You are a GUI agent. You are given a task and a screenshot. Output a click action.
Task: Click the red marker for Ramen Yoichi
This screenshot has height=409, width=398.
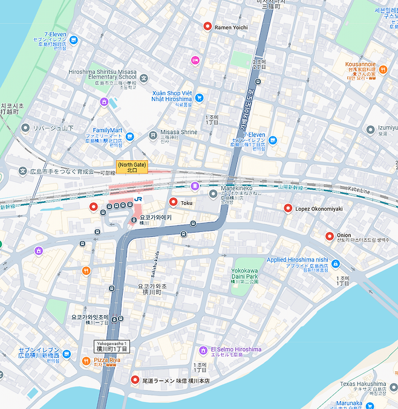click(207, 27)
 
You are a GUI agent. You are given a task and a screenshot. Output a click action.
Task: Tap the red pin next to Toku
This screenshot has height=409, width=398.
click(173, 202)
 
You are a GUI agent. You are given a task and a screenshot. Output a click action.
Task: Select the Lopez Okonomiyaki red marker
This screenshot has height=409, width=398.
click(288, 208)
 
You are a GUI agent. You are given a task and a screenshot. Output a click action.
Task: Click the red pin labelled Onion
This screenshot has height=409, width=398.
click(330, 236)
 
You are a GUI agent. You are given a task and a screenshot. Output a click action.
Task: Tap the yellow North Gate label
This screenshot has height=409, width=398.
click(131, 167)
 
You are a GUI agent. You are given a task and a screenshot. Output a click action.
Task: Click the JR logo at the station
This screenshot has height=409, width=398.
click(139, 198)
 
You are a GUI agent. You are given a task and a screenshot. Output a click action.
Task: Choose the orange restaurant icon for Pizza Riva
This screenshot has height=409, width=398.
click(86, 361)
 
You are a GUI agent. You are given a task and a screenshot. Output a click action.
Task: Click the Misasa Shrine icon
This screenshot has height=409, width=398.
click(153, 134)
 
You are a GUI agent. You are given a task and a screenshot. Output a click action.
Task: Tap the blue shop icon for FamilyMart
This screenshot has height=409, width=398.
click(129, 137)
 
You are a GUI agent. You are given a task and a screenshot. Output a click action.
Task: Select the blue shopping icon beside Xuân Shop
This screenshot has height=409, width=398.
click(199, 98)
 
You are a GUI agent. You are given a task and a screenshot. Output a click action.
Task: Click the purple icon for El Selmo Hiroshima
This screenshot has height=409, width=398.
click(204, 350)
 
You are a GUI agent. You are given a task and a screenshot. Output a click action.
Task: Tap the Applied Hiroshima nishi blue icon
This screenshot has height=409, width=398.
click(336, 264)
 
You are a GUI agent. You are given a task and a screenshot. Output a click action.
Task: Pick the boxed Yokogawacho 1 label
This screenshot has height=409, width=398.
click(113, 346)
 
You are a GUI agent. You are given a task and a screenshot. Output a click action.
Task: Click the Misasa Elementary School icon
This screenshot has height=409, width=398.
click(144, 78)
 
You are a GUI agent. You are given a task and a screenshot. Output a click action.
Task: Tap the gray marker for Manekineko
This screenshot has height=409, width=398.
click(213, 194)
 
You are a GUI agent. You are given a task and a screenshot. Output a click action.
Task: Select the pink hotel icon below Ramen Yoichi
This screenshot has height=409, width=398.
click(195, 60)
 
